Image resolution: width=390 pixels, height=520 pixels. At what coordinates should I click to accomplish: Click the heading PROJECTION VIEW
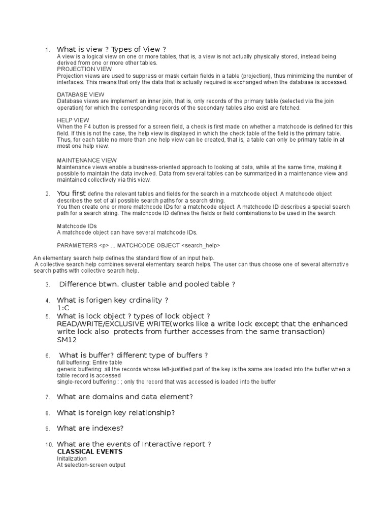84,69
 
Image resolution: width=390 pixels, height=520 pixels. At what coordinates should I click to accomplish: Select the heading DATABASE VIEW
81,94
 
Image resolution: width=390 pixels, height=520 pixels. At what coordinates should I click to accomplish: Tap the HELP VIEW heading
73,120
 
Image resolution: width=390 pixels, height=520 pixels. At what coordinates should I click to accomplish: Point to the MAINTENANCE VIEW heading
87,160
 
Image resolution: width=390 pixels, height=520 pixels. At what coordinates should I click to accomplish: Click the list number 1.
47,50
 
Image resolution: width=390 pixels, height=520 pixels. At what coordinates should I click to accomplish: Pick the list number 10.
49,445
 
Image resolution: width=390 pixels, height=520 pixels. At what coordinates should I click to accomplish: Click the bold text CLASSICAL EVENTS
90,451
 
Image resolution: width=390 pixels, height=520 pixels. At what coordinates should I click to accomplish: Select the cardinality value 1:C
62,308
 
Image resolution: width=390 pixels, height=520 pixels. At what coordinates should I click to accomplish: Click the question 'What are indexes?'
90,428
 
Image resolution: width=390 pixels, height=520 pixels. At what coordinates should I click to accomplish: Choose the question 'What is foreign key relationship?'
116,412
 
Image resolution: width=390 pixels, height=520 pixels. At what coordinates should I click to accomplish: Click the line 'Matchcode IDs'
77,226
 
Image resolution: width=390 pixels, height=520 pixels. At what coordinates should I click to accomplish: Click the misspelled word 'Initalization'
72,459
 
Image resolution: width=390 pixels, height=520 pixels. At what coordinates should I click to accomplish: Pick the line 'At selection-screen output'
91,465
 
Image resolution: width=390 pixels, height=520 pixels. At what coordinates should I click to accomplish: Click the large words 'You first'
72,193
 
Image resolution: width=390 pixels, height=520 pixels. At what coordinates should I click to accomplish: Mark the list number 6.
47,355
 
